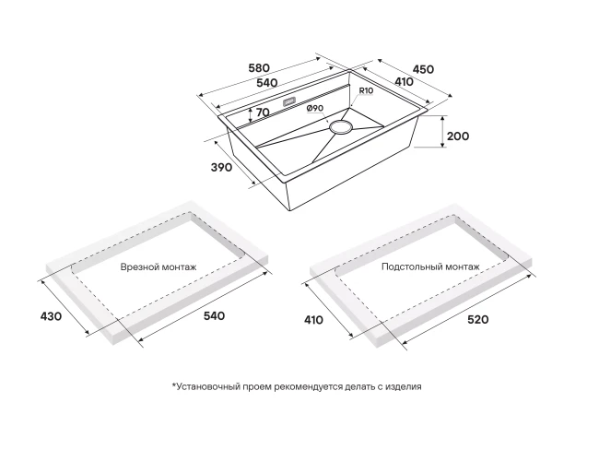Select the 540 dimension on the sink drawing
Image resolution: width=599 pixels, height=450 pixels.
point(267,83)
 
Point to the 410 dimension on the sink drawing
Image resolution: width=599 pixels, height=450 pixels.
point(404,82)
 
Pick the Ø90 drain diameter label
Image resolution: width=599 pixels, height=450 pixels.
point(314,109)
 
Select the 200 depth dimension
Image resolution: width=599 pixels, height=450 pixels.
point(457,136)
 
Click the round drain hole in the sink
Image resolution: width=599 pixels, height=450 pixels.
point(342,125)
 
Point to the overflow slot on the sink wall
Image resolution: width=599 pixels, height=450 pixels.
point(288,102)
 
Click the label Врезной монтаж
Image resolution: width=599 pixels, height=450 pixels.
point(159,267)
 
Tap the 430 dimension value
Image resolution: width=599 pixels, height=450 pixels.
point(51,316)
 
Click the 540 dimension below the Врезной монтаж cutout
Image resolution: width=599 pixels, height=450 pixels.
point(213,316)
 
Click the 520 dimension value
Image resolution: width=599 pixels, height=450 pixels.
point(477,319)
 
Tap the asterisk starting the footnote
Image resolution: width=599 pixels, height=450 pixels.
point(173,386)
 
